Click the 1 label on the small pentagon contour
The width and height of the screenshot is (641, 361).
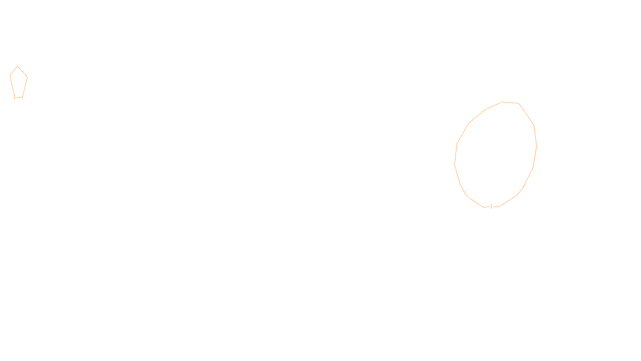pyautogui.click(x=15, y=97)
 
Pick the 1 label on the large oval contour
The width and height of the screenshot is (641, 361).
pyautogui.click(x=492, y=207)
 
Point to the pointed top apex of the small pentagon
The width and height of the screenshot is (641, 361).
pyautogui.click(x=17, y=66)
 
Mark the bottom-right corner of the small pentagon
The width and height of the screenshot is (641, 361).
pyautogui.click(x=22, y=97)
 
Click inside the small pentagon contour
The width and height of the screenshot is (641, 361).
pyautogui.click(x=18, y=82)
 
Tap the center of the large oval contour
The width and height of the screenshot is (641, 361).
pyautogui.click(x=496, y=154)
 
